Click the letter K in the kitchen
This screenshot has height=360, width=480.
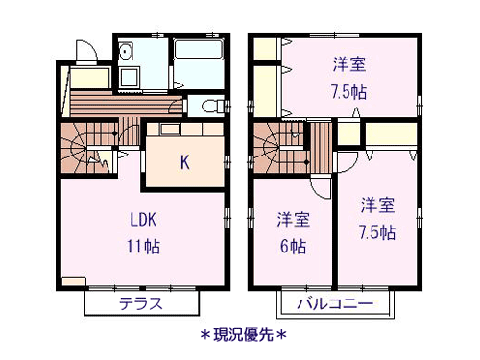click(184, 162)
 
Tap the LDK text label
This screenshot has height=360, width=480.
click(143, 220)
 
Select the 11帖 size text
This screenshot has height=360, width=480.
click(143, 247)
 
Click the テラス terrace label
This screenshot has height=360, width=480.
click(141, 303)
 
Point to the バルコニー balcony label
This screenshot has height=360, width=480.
click(335, 303)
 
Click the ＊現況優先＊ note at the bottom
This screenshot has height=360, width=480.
click(243, 335)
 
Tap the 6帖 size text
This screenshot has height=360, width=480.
click(293, 247)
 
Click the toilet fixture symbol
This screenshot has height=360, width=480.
click(212, 106)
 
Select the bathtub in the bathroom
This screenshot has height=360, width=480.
click(199, 49)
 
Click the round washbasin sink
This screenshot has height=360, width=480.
click(125, 51)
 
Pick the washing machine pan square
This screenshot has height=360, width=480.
click(129, 77)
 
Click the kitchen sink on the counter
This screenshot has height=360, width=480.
click(170, 129)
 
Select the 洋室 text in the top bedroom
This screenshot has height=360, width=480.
click(349, 64)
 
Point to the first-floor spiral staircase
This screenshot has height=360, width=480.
click(87, 148)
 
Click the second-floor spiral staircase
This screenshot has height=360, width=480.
click(281, 148)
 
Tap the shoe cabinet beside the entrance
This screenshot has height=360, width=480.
click(90, 78)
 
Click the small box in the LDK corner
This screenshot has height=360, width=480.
click(74, 281)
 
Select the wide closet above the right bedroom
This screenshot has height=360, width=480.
click(391, 134)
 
